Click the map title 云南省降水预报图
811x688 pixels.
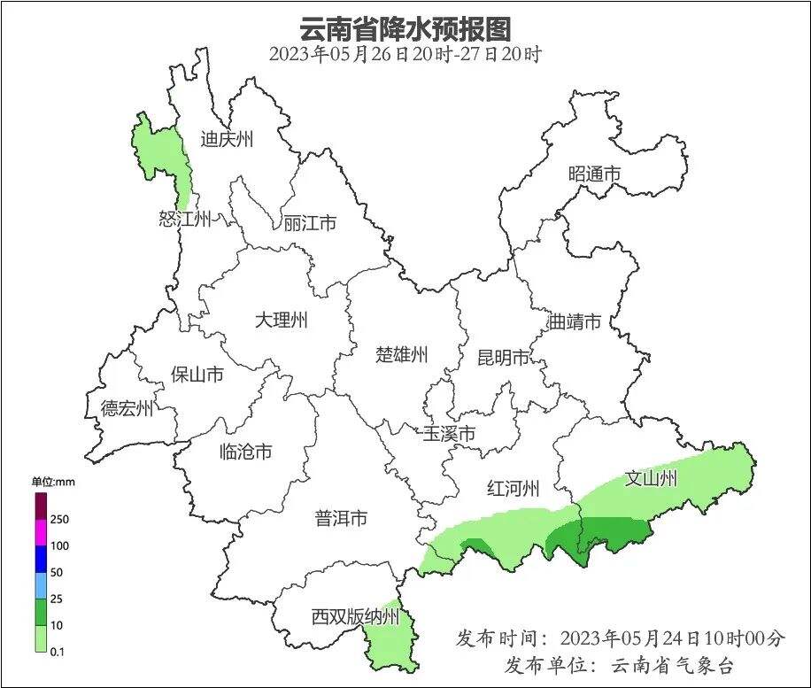pyautogui.click(x=405, y=28)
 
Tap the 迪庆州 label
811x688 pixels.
pyautogui.click(x=227, y=139)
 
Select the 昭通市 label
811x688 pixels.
pyautogui.click(x=594, y=174)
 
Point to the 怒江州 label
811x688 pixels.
pyautogui.click(x=185, y=220)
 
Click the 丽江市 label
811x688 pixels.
pyautogui.click(x=310, y=223)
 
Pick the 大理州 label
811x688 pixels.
pyautogui.click(x=281, y=321)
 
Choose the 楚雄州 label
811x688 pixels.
pyautogui.click(x=402, y=355)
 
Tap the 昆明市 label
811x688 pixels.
pyautogui.click(x=503, y=358)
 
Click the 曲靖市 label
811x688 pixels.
pyautogui.click(x=575, y=321)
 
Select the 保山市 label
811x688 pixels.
pyautogui.click(x=197, y=375)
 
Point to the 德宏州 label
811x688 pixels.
pyautogui.click(x=127, y=408)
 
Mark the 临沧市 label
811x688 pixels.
pyautogui.click(x=245, y=452)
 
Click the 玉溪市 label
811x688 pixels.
pyautogui.click(x=449, y=434)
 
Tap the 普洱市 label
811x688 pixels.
pyautogui.click(x=341, y=519)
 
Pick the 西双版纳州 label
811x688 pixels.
pyautogui.click(x=356, y=617)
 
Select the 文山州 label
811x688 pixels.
pyautogui.click(x=651, y=479)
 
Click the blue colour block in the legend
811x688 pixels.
pyautogui.click(x=41, y=559)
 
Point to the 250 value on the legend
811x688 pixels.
pyautogui.click(x=60, y=519)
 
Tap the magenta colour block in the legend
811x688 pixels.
pyautogui.click(x=41, y=532)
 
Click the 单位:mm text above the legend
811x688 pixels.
pyautogui.click(x=54, y=483)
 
